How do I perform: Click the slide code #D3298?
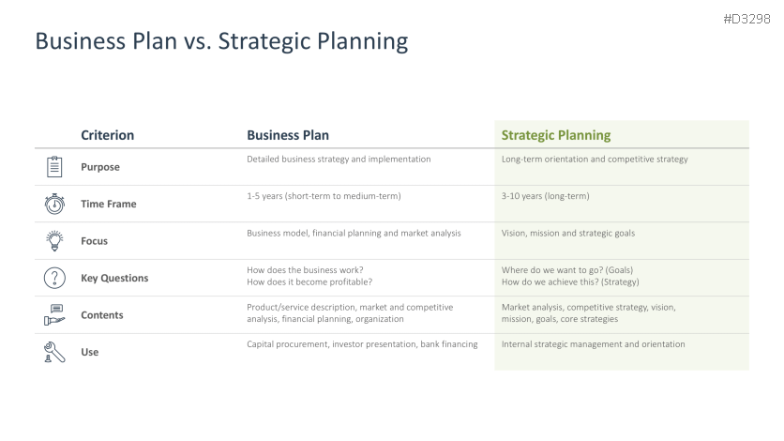746,19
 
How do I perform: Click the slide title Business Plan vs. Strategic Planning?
221,41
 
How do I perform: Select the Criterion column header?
108,135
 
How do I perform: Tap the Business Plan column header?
288,135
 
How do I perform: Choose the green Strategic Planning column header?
556,135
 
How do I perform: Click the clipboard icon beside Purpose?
54,166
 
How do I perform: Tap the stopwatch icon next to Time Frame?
54,204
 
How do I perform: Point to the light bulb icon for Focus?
54,240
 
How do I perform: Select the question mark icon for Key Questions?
54,278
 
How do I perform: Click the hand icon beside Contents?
54,315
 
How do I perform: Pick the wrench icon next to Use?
54,352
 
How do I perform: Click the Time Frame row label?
109,204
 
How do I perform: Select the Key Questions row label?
114,278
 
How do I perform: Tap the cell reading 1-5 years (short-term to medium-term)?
324,196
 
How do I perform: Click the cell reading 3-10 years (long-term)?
546,196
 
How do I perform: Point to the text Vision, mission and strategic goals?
568,233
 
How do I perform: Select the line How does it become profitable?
309,282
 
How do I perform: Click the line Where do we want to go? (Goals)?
567,270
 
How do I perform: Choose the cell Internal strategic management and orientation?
593,344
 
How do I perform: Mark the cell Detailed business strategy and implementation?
339,159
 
